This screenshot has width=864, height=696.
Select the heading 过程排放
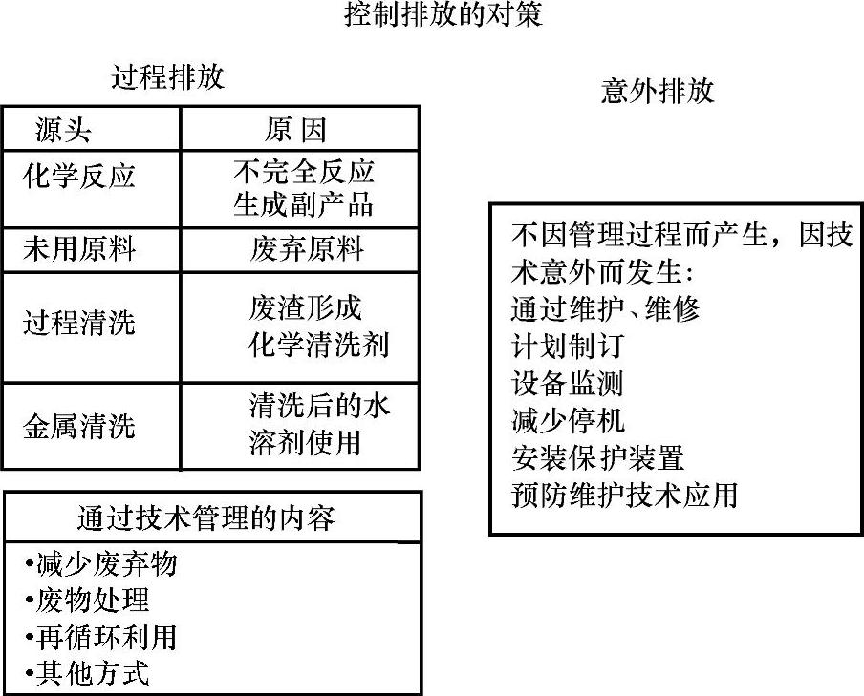pyautogui.click(x=167, y=77)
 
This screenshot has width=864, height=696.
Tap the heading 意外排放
pyautogui.click(x=658, y=91)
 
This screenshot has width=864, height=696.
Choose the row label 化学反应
pyautogui.click(x=79, y=176)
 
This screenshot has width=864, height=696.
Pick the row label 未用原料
pyautogui.click(x=79, y=250)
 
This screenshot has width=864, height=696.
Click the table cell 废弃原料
pyautogui.click(x=306, y=250)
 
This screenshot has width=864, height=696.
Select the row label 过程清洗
pyautogui.click(x=79, y=323)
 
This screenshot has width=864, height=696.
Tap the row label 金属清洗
pyautogui.click(x=79, y=426)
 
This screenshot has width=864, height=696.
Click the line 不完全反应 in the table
pyautogui.click(x=304, y=172)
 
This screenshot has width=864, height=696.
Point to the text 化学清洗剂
pyautogui.click(x=318, y=344)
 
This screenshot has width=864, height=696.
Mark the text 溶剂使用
pyautogui.click(x=305, y=443)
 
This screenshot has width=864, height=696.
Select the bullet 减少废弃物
pyautogui.click(x=101, y=564)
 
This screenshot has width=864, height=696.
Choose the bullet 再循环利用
pyautogui.click(x=101, y=637)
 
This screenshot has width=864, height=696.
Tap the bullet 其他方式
pyautogui.click(x=88, y=673)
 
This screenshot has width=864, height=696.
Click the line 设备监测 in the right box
pyautogui.click(x=568, y=383)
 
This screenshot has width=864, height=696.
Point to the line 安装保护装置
pyautogui.click(x=597, y=457)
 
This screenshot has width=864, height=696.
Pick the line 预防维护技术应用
pyautogui.click(x=624, y=496)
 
